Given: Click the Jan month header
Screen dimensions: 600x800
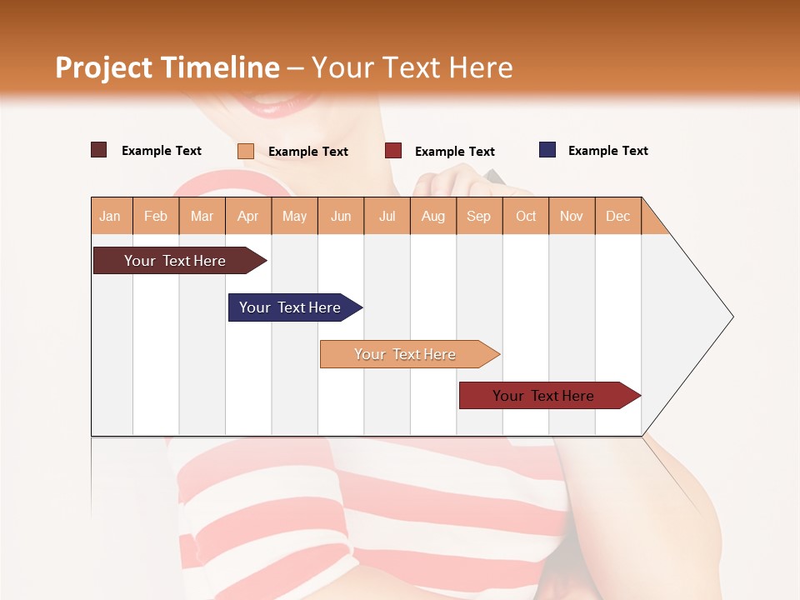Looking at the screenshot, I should coord(111,216).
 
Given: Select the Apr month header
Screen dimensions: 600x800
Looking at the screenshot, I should coord(248,216).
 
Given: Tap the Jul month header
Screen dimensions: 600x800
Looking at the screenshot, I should coord(387,216).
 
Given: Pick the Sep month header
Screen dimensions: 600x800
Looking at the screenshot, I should coord(478,216).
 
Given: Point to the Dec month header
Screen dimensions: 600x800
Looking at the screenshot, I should coord(617,216).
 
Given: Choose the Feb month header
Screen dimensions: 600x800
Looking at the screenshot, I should coord(156,216).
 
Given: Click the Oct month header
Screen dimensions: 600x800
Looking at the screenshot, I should coord(526,216).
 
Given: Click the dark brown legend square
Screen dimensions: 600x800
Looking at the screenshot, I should coord(99,150).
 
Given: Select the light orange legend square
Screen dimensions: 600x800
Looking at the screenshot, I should coord(246,151).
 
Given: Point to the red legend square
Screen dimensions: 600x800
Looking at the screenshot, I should coord(393,151).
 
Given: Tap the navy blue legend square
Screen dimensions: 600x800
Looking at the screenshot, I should coord(547,150).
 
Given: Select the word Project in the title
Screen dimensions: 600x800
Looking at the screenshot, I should coord(104,67).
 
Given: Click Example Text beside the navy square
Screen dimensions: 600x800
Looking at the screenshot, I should coord(607,151).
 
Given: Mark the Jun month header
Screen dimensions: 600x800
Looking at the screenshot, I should coord(341,216).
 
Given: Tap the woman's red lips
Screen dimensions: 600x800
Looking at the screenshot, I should coord(267,105).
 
